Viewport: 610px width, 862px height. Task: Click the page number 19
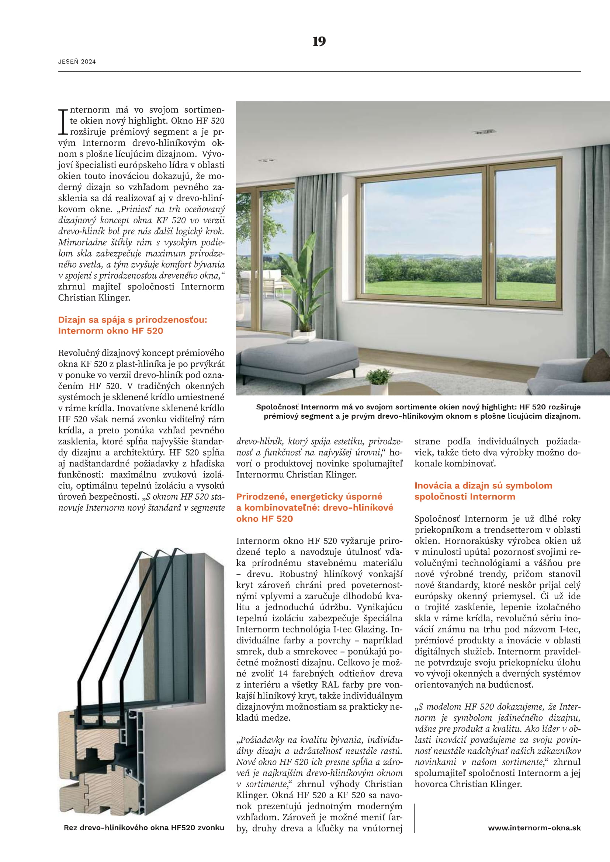(x=319, y=42)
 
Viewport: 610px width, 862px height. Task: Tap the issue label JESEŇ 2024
(x=77, y=62)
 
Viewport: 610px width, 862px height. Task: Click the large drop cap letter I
(x=63, y=122)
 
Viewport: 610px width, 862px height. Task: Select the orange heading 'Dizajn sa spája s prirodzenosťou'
(x=132, y=320)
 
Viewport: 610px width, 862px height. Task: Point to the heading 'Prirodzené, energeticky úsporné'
(x=309, y=496)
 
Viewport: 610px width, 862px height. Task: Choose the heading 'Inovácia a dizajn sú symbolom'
(x=483, y=485)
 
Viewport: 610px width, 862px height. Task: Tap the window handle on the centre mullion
(x=491, y=247)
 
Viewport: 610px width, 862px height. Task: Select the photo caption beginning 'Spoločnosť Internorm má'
(x=418, y=412)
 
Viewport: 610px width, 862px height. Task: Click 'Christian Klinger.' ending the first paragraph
(x=94, y=298)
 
